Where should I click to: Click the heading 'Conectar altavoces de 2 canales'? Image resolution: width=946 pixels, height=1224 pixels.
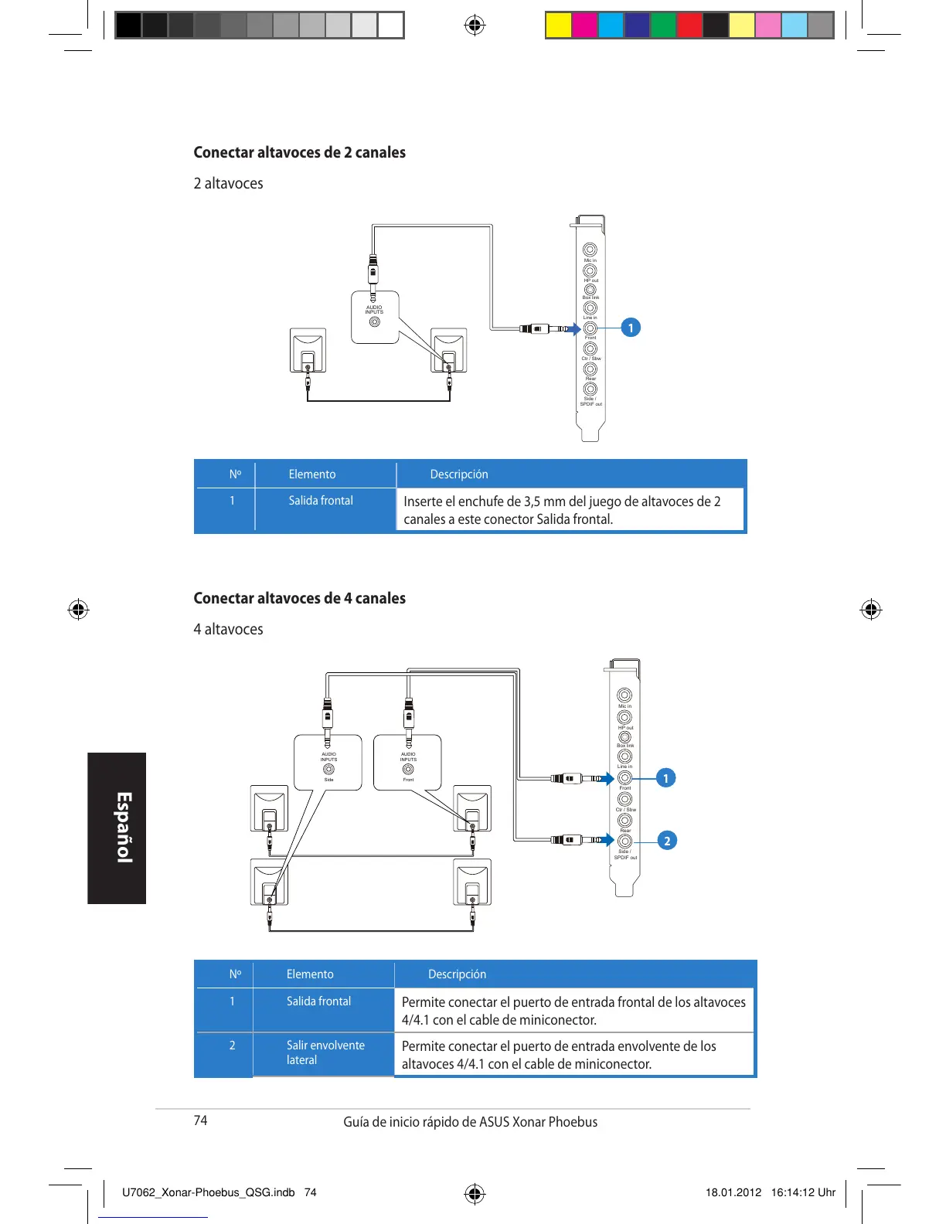tap(299, 152)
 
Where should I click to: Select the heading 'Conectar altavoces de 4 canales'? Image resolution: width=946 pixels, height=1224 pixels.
tap(299, 598)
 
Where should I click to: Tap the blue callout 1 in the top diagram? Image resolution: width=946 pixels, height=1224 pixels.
tap(631, 328)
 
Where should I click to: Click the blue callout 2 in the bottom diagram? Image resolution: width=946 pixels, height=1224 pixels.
tap(667, 841)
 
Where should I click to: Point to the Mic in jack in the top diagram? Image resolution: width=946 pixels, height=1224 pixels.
tap(590, 250)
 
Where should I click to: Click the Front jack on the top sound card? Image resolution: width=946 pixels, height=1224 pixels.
tap(590, 328)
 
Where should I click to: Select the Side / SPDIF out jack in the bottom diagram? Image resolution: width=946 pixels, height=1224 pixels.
tap(624, 841)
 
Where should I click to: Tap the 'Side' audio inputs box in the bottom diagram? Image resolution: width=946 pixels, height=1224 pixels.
tap(328, 763)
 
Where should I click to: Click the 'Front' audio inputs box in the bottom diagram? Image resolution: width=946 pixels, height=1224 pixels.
tap(407, 763)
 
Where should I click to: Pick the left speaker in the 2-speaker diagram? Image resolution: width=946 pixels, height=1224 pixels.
tap(308, 351)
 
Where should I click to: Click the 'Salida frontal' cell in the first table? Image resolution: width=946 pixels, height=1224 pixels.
tap(321, 501)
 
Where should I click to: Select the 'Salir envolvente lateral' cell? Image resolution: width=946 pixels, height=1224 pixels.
tap(325, 1052)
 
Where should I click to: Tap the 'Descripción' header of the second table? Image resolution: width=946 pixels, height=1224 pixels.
tap(457, 974)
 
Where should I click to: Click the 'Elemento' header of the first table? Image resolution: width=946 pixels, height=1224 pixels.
tap(312, 474)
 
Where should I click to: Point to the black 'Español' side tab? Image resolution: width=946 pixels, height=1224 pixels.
tap(117, 828)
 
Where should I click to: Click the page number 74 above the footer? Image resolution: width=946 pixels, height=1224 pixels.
tap(200, 1120)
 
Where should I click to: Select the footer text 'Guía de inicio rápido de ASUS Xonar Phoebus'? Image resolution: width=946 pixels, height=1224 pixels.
tap(470, 1122)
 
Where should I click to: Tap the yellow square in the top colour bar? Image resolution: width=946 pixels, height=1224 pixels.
tap(558, 25)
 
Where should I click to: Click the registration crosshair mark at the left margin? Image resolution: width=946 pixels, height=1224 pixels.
tap(78, 610)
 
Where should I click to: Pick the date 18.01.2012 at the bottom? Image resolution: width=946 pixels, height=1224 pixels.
tap(733, 1192)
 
